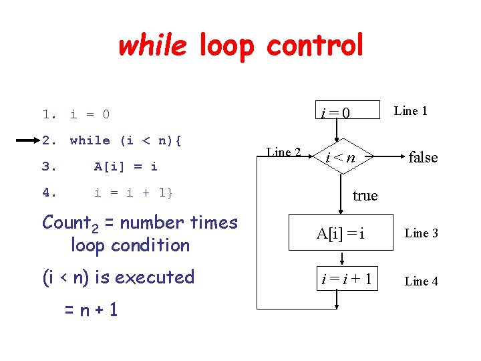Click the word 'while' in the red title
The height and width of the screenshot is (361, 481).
153,45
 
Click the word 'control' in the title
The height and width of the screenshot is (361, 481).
315,45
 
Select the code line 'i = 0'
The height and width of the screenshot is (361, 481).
90,114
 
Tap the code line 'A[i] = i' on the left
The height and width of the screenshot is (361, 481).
126,166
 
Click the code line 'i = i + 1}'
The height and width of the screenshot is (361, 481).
133,193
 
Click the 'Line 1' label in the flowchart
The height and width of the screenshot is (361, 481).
411,111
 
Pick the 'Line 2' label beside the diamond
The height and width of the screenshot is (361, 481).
284,152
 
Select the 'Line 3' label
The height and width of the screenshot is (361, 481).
422,233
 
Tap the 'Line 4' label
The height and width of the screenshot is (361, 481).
422,281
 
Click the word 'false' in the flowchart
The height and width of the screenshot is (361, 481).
423,158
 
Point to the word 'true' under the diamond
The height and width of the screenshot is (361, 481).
365,196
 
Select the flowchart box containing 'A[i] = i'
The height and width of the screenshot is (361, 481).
341,233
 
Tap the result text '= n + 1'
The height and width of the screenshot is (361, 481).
91,310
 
